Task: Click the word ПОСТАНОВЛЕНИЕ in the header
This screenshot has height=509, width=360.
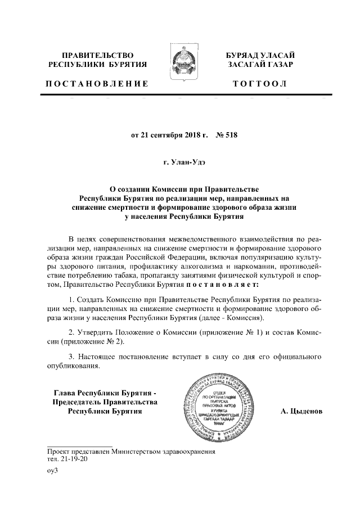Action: click(x=97, y=84)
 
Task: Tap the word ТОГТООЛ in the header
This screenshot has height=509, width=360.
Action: click(x=262, y=84)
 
